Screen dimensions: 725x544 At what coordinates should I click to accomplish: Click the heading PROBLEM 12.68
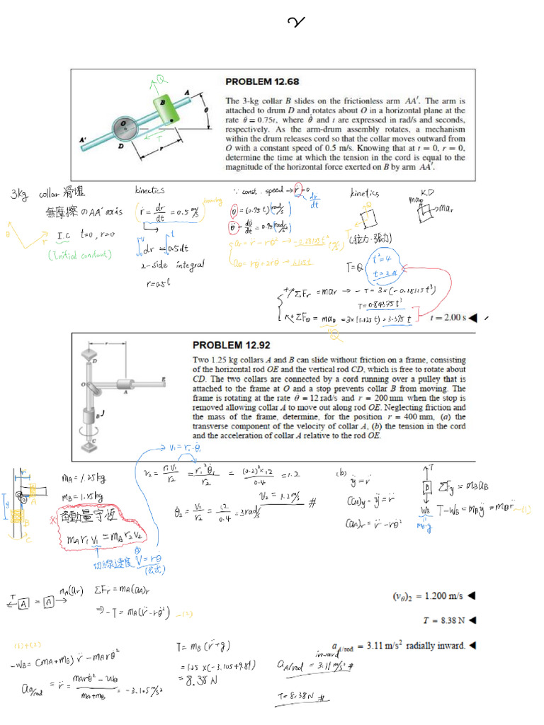click(261, 82)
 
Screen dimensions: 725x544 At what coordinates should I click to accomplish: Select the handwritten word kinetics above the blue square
click(364, 193)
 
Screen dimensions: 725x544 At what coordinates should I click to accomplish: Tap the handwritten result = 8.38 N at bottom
click(200, 683)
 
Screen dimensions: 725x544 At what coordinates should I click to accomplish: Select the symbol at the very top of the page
click(296, 23)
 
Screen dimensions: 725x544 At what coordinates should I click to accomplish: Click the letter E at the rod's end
click(164, 380)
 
